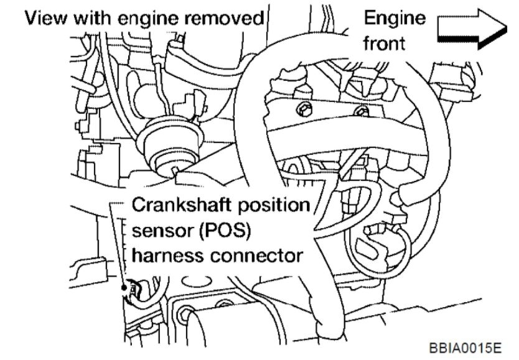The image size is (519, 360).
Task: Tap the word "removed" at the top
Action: coord(230,18)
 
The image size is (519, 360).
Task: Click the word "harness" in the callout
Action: coord(167,254)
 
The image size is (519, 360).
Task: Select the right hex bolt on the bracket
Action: coord(358,111)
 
